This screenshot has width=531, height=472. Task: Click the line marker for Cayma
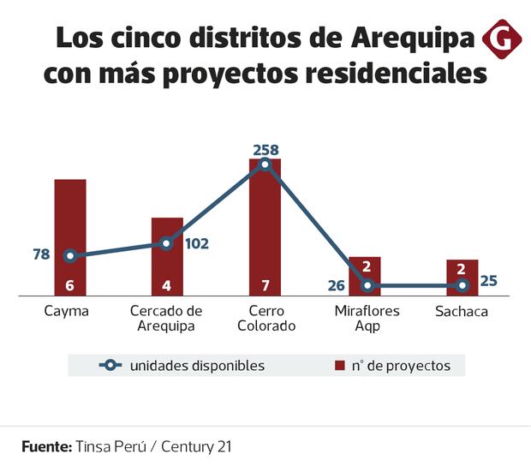[70, 255]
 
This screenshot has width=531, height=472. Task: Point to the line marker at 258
[265, 164]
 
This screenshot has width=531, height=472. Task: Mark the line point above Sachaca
[462, 285]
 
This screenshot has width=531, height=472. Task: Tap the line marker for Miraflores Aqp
[367, 285]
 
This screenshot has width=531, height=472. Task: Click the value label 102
[197, 243]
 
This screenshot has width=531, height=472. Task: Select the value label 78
[41, 254]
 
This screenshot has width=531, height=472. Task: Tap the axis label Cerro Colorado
[265, 318]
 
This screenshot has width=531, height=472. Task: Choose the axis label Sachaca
[461, 311]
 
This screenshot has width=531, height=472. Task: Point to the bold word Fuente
[46, 446]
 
